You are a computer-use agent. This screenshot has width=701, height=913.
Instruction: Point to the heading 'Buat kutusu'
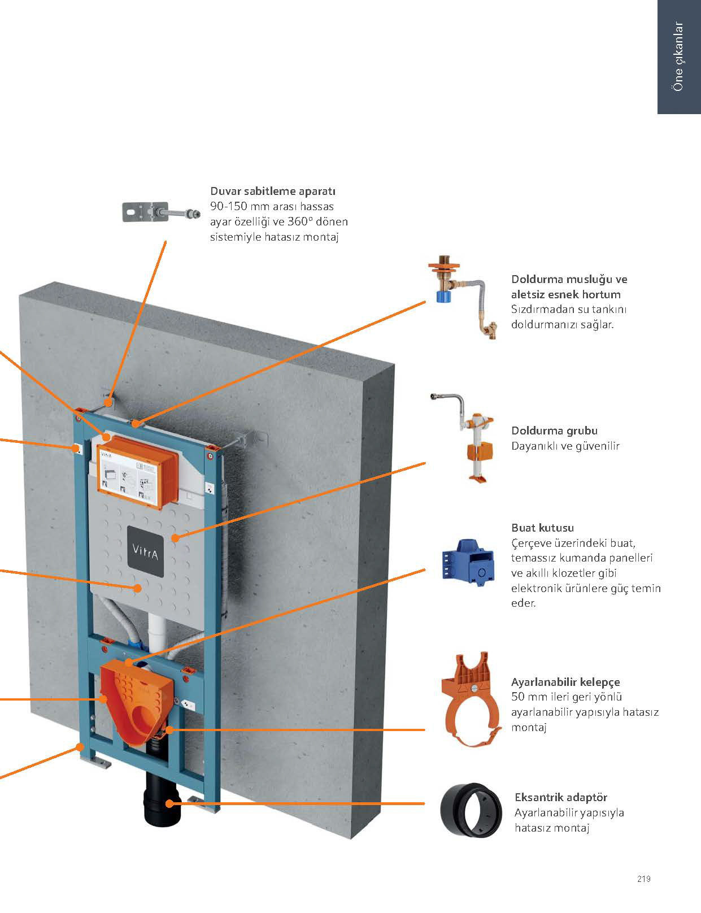tap(542, 528)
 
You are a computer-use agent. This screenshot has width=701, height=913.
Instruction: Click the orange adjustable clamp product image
tap(471, 701)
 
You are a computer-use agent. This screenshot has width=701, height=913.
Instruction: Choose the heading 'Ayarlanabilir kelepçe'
tap(565, 682)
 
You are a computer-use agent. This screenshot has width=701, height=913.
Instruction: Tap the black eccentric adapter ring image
tap(471, 811)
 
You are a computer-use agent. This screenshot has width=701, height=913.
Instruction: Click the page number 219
tap(643, 879)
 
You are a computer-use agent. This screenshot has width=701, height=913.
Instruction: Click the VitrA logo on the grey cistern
tap(145, 551)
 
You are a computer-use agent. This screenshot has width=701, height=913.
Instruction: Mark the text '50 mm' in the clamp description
tap(525, 697)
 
